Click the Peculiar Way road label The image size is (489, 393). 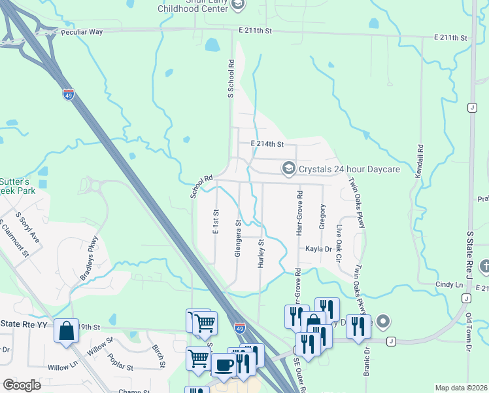click(x=82, y=31)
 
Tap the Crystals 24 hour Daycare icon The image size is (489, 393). click(x=288, y=169)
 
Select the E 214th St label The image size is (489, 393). click(x=267, y=144)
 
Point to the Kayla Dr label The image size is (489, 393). click(x=319, y=249)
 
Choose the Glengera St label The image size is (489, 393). click(x=239, y=238)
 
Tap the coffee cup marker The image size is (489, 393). click(x=224, y=365)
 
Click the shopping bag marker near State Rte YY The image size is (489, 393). click(x=67, y=331)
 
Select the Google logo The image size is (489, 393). click(x=22, y=385)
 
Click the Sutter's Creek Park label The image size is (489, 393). click(x=13, y=187)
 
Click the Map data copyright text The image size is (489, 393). click(x=461, y=388)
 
